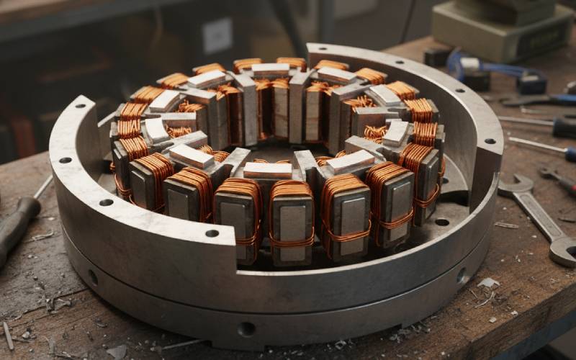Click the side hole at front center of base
246,328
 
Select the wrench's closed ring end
562,251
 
